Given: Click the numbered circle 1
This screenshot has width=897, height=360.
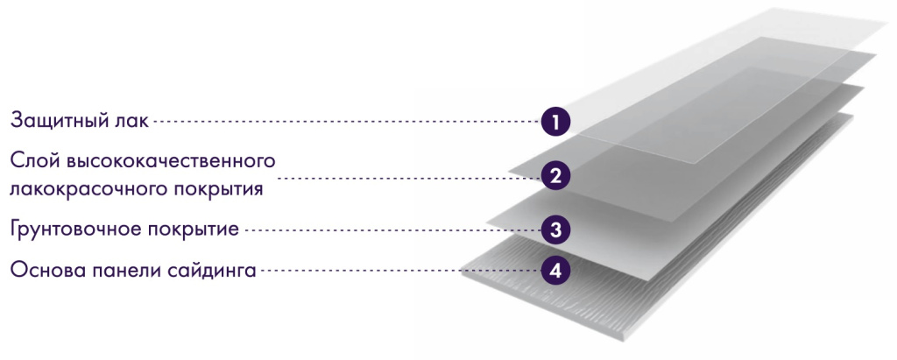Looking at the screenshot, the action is (555, 122).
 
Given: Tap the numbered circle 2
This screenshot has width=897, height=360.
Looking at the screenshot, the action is (555, 176).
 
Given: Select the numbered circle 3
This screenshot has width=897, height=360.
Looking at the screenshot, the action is (555, 230).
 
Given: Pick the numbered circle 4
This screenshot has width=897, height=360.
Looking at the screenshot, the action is (555, 271).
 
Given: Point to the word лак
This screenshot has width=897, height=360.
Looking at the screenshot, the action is (130, 122).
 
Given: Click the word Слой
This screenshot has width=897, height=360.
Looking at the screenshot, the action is (34, 161).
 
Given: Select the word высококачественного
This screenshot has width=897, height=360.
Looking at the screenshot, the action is (171, 162).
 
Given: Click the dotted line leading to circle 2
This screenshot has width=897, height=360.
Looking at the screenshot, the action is (410, 178).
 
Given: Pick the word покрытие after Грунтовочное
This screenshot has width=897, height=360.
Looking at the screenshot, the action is (194, 230).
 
